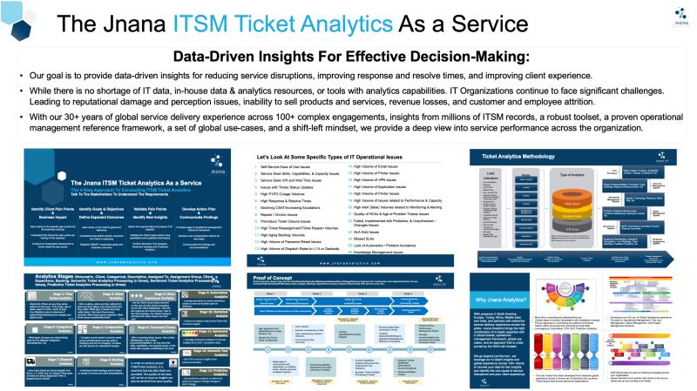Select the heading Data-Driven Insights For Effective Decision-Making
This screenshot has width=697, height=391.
pos(348,57)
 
